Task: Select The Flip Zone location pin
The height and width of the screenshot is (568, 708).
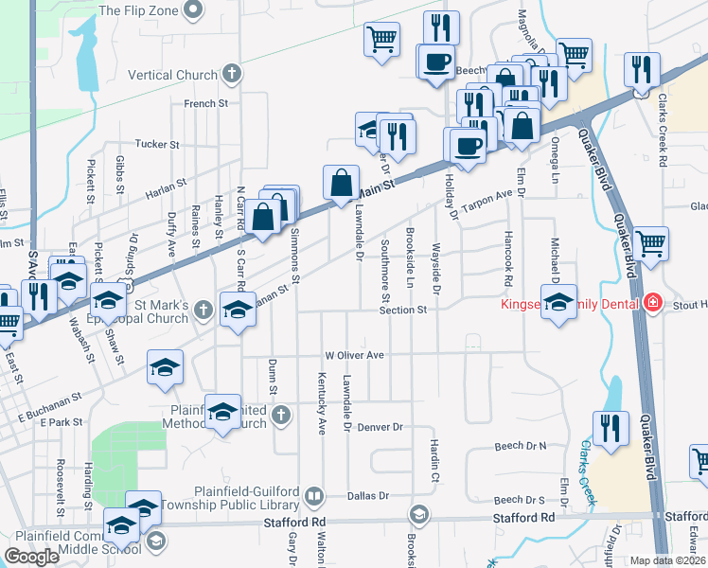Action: [194, 11]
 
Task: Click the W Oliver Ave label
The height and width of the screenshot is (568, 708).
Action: [355, 354]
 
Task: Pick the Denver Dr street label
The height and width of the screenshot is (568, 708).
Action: [381, 427]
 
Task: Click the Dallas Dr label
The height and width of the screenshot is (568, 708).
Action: [370, 495]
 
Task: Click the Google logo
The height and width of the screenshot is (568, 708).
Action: [31, 557]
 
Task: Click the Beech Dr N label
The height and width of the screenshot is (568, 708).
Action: [521, 445]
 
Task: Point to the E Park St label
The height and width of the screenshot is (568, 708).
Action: [62, 422]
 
